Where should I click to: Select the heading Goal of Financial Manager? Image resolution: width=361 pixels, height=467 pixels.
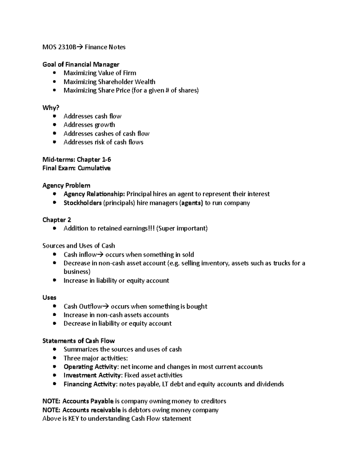(81, 64)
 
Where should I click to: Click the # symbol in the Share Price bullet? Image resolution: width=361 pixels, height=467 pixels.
(167, 91)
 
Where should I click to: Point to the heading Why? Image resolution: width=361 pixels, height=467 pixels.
(51, 108)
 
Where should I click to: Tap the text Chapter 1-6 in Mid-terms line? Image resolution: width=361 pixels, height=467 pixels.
(94, 159)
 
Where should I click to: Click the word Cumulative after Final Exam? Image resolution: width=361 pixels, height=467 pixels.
(94, 168)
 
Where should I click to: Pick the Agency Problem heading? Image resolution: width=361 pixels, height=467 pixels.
(66, 186)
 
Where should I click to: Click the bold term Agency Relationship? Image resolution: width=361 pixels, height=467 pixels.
(94, 194)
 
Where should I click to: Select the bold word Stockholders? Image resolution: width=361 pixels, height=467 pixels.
(82, 203)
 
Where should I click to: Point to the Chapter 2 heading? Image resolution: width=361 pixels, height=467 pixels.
(57, 220)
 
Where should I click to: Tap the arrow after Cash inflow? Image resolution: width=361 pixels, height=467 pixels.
(100, 255)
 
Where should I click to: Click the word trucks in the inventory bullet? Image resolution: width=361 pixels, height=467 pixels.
(281, 263)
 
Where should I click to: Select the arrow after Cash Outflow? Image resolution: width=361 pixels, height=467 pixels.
(106, 306)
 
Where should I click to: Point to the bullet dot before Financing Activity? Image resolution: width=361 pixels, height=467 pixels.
(54, 384)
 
